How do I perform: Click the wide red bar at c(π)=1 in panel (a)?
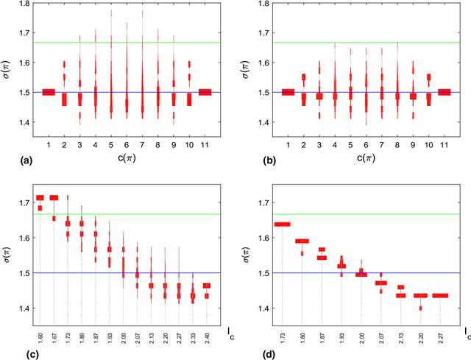(x=49, y=92)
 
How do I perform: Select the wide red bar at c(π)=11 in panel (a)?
(x=205, y=92)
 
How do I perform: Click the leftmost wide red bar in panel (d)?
(x=283, y=224)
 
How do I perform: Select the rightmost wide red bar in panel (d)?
(x=440, y=295)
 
